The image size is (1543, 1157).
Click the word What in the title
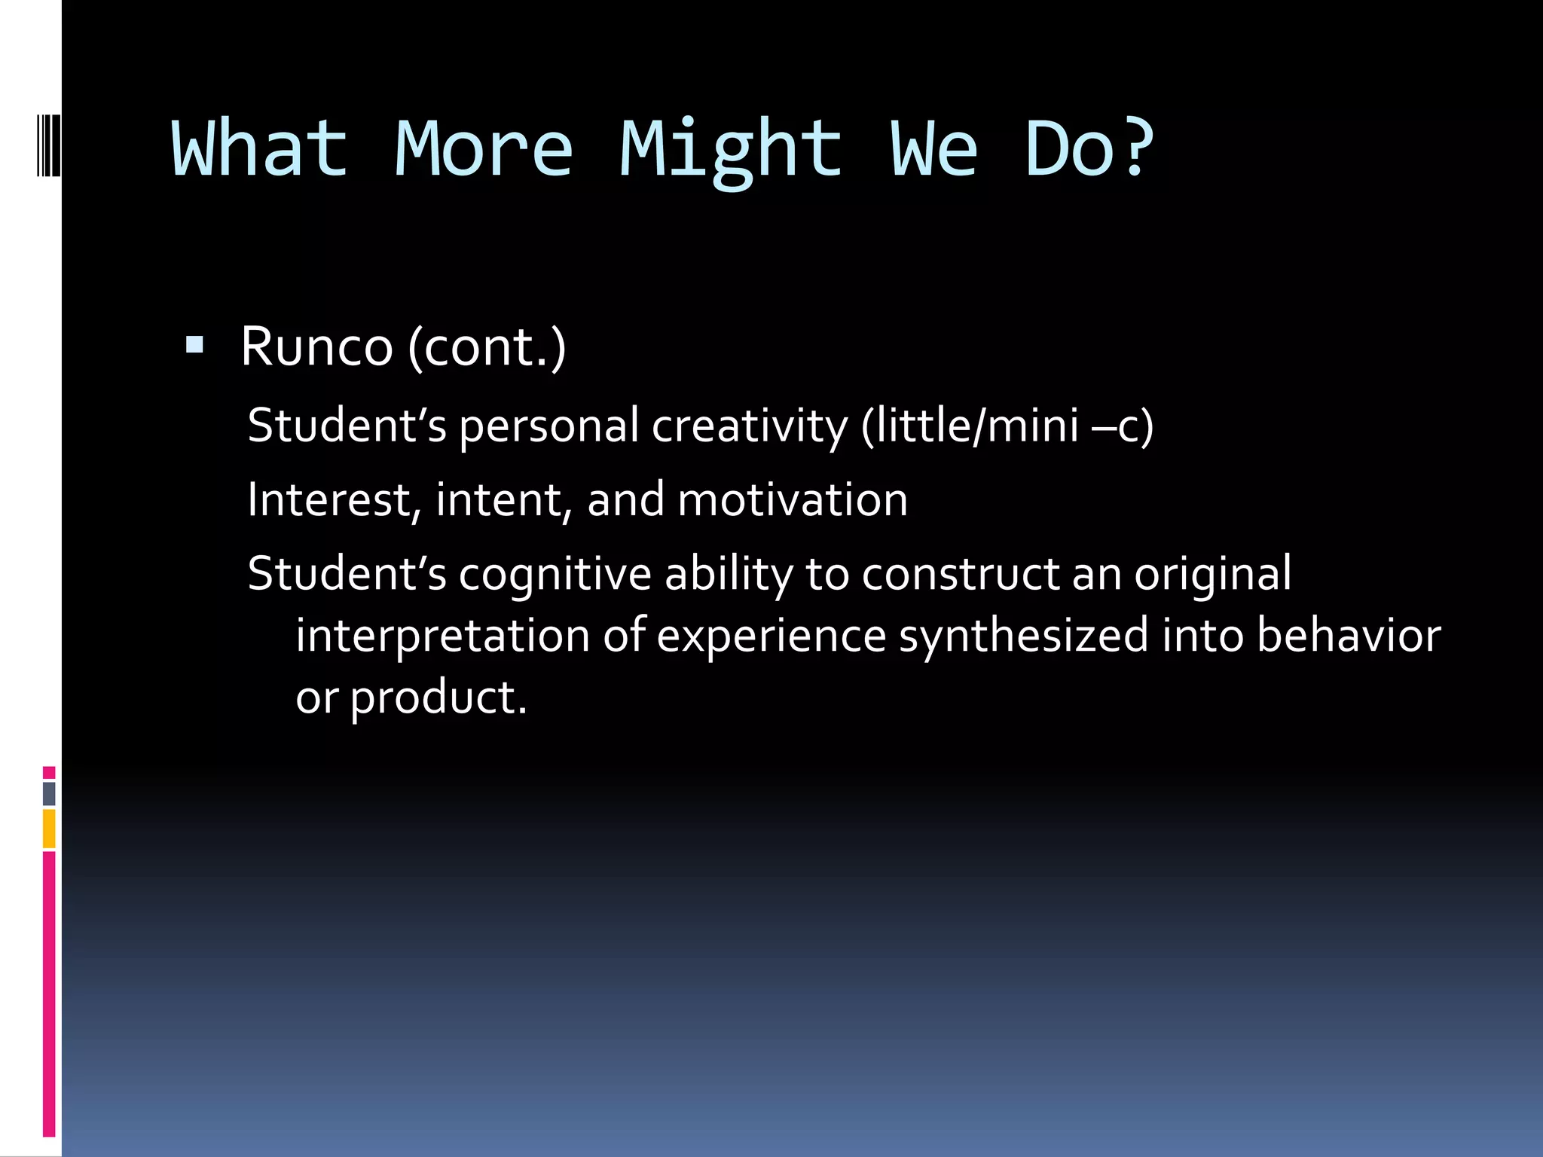pos(260,149)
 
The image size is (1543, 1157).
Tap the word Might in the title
pos(730,151)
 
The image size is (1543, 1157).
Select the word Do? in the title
pos(1089,149)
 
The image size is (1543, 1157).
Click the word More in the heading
pos(484,149)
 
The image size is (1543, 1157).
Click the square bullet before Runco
pos(194,346)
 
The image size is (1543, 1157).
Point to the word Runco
pos(316,347)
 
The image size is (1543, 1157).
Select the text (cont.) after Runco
pos(487,348)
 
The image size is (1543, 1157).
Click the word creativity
pos(750,426)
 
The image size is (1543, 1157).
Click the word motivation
pos(793,500)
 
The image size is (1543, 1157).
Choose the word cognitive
pos(555,574)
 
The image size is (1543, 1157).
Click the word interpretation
pos(442,636)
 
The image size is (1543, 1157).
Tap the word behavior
pos(1349,636)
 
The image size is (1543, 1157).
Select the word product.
pos(438,698)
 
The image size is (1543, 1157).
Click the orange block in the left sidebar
pos(49,829)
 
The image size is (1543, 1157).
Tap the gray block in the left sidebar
pos(49,793)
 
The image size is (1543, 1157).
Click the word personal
pos(549,426)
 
